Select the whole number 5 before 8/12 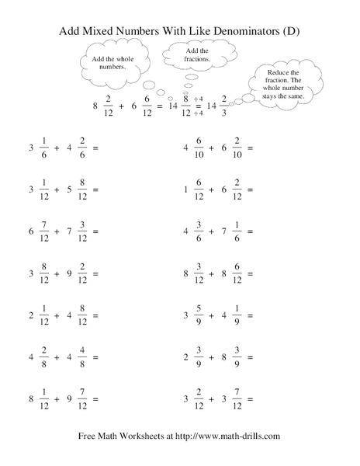(68, 190)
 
